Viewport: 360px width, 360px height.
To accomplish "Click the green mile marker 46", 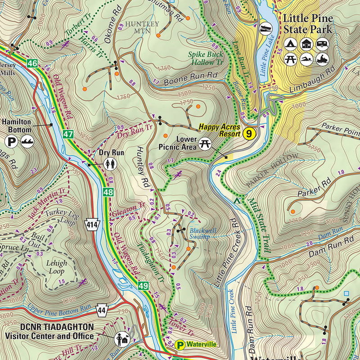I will [x=31, y=63].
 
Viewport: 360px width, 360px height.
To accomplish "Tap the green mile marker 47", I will [x=68, y=134].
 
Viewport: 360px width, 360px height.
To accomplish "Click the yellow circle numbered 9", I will [x=249, y=133].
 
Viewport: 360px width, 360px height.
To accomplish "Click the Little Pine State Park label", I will [x=307, y=24].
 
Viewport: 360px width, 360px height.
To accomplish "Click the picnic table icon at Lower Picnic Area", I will [x=205, y=143].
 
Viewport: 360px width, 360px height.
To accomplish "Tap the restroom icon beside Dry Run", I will [x=111, y=164].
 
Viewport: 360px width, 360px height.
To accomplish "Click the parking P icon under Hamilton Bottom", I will [x=11, y=142].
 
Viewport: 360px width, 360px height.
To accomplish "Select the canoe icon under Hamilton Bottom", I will [x=27, y=142].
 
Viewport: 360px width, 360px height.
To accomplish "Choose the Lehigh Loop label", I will [x=57, y=267].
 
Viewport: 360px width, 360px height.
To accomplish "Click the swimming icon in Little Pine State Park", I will [x=306, y=59].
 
